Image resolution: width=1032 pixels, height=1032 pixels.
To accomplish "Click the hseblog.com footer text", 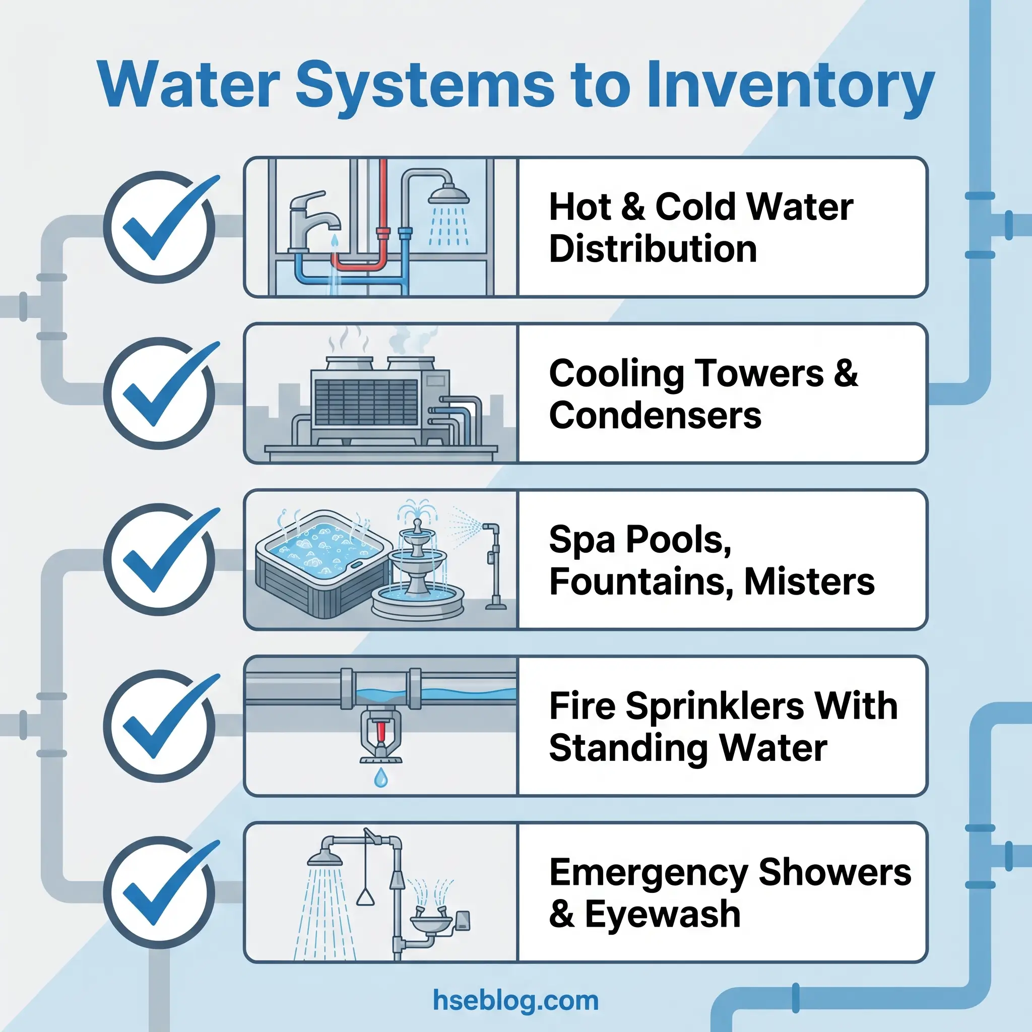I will (515, 1000).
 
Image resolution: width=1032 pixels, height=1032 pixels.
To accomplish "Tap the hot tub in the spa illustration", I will (320, 561).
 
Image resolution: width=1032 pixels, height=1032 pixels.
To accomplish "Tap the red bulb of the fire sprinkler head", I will (381, 731).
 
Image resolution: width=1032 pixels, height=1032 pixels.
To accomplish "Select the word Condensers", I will (655, 416).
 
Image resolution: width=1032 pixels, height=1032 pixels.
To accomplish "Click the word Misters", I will (809, 582).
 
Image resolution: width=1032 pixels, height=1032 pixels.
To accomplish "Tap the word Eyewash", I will (662, 914).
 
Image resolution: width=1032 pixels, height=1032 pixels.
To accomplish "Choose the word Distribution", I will (653, 249).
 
